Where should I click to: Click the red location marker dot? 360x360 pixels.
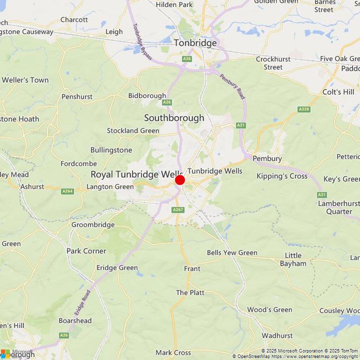[180, 180]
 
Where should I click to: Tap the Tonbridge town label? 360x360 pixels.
[195, 43]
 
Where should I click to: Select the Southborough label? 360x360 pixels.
[174, 118]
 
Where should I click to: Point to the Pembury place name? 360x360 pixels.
[267, 159]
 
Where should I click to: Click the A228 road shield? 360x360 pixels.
[304, 109]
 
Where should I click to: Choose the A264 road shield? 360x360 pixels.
[67, 191]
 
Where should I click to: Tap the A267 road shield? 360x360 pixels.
[178, 210]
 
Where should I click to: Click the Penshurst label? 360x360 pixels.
[77, 96]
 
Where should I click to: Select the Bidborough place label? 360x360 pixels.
[147, 96]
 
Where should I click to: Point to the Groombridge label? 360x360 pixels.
[93, 225]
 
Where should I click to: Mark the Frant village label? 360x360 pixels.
[192, 269]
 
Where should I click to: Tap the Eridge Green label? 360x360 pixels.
[117, 268]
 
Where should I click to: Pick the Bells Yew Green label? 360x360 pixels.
[232, 253]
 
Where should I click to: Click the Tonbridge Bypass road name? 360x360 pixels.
[142, 41]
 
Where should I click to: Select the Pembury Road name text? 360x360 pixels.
[232, 86]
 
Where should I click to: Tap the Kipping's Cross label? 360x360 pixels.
[282, 176]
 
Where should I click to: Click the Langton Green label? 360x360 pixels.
[110, 187]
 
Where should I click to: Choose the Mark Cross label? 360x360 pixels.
[173, 353]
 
